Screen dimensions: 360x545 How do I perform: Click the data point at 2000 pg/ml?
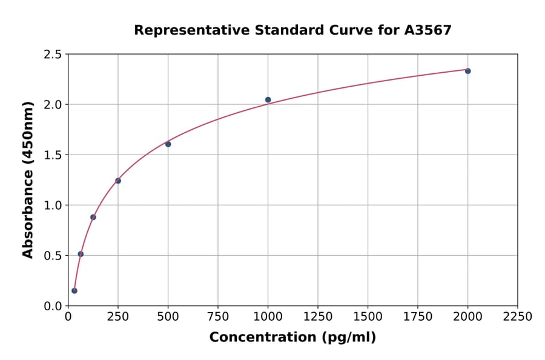(467, 71)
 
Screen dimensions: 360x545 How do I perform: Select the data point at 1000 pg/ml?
(268, 99)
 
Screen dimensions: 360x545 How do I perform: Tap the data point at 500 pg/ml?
(168, 144)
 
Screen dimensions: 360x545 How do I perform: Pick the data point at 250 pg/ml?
(118, 181)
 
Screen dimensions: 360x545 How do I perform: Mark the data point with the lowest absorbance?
(74, 290)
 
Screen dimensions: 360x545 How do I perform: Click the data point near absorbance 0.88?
(93, 217)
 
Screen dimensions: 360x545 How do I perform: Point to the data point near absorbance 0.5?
(81, 254)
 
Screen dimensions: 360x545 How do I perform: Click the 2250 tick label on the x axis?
(518, 316)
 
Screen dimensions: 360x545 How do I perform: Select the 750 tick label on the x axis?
(218, 316)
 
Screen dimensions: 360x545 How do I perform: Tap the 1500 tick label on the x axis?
(368, 316)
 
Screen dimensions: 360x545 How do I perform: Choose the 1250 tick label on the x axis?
(318, 316)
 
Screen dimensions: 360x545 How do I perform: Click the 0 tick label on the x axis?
(68, 316)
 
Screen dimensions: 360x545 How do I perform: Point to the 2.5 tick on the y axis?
(53, 55)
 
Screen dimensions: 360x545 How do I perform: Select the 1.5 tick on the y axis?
(53, 155)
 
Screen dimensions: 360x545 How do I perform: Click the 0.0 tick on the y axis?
(53, 306)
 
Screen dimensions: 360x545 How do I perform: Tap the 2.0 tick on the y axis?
(53, 105)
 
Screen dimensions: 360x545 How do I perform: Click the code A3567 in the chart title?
(428, 30)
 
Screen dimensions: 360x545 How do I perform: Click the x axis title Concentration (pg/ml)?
(292, 338)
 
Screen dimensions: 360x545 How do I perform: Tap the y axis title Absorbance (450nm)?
(28, 179)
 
